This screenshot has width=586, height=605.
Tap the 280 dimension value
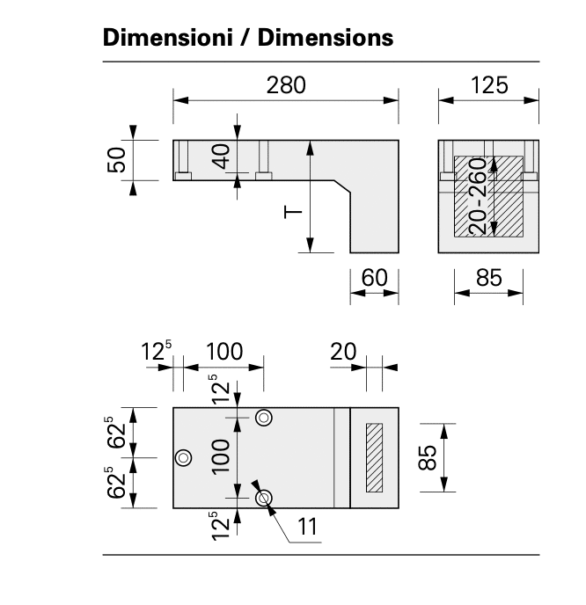286,85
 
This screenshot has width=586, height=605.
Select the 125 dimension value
488,85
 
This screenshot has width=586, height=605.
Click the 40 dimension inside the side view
222,157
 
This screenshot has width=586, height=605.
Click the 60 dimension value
374,278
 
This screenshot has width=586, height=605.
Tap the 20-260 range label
478,196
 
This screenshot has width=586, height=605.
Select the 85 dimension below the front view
488,278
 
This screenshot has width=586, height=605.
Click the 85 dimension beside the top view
427,457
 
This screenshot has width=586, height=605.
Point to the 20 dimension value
343,352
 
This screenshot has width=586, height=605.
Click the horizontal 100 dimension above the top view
224,352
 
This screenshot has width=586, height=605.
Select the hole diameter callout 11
306,527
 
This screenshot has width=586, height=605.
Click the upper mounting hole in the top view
263,418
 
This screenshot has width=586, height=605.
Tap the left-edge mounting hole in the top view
184,457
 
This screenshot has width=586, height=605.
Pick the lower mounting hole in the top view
263,498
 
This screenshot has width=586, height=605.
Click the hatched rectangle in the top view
375,457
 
